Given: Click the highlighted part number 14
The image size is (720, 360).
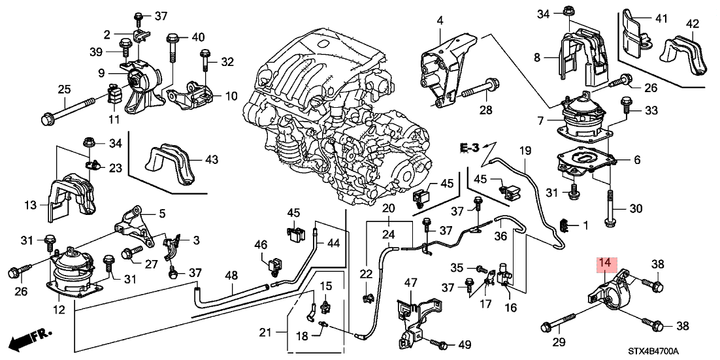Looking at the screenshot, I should coord(606,265).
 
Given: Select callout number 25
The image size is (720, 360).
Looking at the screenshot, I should coord(64,89).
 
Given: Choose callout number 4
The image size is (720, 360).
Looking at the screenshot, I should coord(440,20).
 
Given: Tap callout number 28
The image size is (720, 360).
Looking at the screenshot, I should coord(484,110).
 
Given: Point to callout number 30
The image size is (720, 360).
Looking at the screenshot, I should coord(636,210).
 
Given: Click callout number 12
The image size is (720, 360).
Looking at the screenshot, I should coord(59,309).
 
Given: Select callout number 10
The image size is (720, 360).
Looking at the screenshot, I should coord(231,96).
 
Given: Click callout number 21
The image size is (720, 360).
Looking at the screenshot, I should coord(265,333).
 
